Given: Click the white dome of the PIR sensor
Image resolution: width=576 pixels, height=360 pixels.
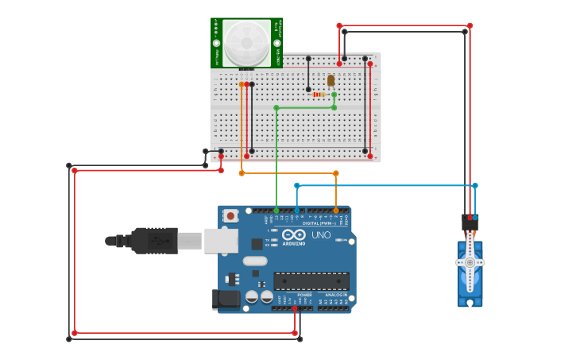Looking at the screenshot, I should click(246, 42).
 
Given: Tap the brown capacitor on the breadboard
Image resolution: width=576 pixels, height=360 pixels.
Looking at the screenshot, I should click(331, 80).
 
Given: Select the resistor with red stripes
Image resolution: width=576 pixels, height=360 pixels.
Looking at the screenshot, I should click(320, 95).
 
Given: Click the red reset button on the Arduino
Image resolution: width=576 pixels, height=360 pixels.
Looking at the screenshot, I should click(230, 215).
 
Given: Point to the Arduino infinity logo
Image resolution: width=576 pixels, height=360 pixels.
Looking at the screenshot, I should click(293, 235).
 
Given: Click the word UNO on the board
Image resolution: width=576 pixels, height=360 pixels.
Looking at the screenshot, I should click(320, 235).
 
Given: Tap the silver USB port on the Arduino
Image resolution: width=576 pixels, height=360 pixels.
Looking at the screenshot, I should click(221, 241).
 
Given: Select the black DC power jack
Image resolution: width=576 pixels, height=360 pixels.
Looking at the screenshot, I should click(226, 300).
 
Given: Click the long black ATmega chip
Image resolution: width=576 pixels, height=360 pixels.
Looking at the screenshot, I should click(311, 281).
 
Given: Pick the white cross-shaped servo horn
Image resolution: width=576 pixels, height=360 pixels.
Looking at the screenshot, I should click(470, 262).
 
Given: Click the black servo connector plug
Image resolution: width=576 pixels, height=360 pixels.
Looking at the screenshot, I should click(470, 223).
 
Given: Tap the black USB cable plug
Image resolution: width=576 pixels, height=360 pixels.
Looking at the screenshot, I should click(154, 241).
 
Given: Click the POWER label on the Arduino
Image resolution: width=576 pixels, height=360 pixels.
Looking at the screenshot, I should click(305, 295).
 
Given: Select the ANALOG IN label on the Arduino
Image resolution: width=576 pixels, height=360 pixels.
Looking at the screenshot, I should click(336, 295).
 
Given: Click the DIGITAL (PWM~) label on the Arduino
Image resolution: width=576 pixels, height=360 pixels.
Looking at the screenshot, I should click(322, 223).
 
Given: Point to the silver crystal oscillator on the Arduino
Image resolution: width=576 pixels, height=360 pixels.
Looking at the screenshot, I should click(255, 261).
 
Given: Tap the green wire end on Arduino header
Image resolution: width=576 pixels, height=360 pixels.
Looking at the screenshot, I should click(276, 211).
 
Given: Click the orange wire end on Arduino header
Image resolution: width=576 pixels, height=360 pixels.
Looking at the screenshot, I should click(336, 211).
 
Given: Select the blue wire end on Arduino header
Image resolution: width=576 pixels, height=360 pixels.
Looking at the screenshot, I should click(297, 211).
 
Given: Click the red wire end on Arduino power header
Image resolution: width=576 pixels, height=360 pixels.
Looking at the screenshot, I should click(295, 308).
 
